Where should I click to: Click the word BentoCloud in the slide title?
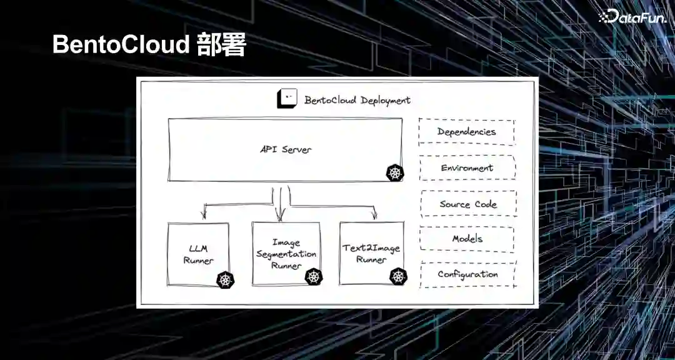tap(121, 45)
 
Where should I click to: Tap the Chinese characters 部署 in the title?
tap(221, 45)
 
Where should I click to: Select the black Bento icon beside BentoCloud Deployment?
tap(287, 99)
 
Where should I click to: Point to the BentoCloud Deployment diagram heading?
tap(357, 100)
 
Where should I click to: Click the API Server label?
tap(286, 149)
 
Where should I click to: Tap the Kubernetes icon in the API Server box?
tap(394, 173)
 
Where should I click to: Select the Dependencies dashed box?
tap(466, 132)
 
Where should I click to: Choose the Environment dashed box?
tap(467, 168)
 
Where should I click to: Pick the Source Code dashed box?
tap(467, 204)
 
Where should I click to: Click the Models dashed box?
tap(467, 239)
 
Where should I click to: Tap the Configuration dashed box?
tap(467, 274)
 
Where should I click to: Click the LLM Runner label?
tap(198, 255)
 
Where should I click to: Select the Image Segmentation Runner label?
tap(286, 254)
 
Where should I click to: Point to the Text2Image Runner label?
tap(371, 254)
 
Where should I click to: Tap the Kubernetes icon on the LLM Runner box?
tap(225, 280)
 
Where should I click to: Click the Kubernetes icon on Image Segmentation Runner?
tap(313, 276)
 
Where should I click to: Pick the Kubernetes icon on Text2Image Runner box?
tap(398, 276)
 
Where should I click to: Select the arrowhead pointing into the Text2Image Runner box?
tap(374, 216)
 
